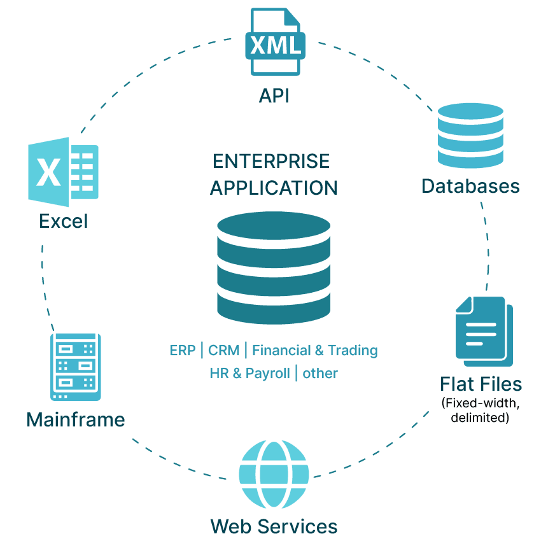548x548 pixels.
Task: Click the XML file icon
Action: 275,42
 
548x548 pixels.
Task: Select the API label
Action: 274,95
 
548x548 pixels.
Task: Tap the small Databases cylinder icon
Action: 470,137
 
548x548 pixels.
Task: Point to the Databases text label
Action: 470,186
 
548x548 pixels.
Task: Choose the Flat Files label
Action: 481,384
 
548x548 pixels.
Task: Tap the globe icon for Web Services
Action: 274,474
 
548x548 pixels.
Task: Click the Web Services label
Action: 274,526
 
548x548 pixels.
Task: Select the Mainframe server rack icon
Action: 76,366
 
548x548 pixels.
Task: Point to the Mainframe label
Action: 76,420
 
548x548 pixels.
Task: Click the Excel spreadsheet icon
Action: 63,172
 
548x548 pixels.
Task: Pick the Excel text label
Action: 64,221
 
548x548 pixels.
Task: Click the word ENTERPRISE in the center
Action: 271,161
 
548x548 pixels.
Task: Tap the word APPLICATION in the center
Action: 274,188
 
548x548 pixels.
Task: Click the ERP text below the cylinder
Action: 183,351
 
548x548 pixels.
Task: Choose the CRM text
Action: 224,351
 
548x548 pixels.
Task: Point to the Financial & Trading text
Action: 315,351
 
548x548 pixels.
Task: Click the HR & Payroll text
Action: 249,374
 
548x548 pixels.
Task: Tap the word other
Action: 320,374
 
